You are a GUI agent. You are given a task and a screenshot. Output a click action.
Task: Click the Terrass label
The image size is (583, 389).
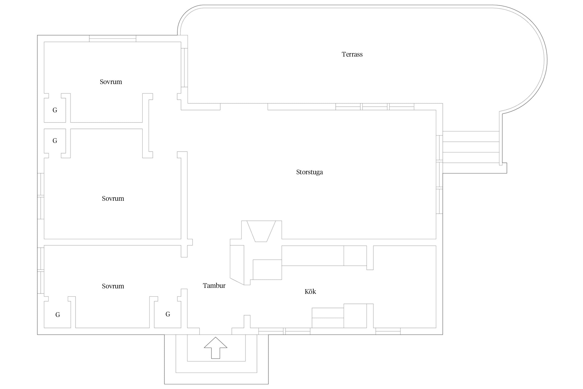pyautogui.click(x=352, y=54)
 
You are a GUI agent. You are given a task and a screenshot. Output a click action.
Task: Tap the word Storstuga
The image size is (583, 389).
pyautogui.click(x=309, y=172)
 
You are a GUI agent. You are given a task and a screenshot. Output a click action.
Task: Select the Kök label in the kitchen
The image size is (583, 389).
pyautogui.click(x=310, y=291)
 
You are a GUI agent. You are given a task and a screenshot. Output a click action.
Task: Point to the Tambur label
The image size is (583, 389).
pyautogui.click(x=214, y=286)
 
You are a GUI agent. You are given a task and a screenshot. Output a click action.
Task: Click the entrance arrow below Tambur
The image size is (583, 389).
pyautogui.click(x=216, y=348)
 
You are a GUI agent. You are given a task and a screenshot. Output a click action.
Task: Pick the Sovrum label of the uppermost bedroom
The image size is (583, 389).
pyautogui.click(x=111, y=82)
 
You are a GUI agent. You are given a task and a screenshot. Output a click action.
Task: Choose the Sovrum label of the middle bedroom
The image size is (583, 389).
pyautogui.click(x=113, y=199)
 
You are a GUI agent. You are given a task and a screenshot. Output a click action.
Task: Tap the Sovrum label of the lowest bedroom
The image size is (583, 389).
pyautogui.click(x=113, y=286)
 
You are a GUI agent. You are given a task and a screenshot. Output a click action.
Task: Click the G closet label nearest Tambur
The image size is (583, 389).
pyautogui.click(x=168, y=314)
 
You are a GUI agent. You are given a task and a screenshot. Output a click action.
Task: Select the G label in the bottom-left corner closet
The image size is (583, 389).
pyautogui.click(x=58, y=315)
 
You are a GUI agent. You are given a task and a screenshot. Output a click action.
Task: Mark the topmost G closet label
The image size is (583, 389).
pyautogui.click(x=55, y=110)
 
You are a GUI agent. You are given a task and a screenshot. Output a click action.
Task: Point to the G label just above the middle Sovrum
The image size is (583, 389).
pyautogui.click(x=55, y=141)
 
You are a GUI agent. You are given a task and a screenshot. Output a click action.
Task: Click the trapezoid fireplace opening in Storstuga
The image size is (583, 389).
pyautogui.click(x=261, y=231)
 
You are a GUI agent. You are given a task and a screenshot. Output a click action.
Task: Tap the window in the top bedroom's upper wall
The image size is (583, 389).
pyautogui.click(x=113, y=38)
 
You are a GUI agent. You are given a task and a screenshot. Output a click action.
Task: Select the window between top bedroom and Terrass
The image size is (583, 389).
pyautogui.click(x=184, y=67)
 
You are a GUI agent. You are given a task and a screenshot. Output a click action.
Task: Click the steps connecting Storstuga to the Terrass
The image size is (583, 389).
pyautogui.click(x=471, y=147)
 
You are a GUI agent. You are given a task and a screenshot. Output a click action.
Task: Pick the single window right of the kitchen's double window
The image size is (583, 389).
pyautogui.click(x=388, y=331)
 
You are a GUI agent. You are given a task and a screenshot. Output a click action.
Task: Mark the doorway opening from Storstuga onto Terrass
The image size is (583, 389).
pyautogui.click(x=244, y=107)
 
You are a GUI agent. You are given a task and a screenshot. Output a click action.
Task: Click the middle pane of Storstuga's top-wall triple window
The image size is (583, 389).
pyautogui.click(x=375, y=107)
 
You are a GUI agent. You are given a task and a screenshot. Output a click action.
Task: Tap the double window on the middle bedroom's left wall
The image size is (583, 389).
pyautogui.click(x=41, y=196)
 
